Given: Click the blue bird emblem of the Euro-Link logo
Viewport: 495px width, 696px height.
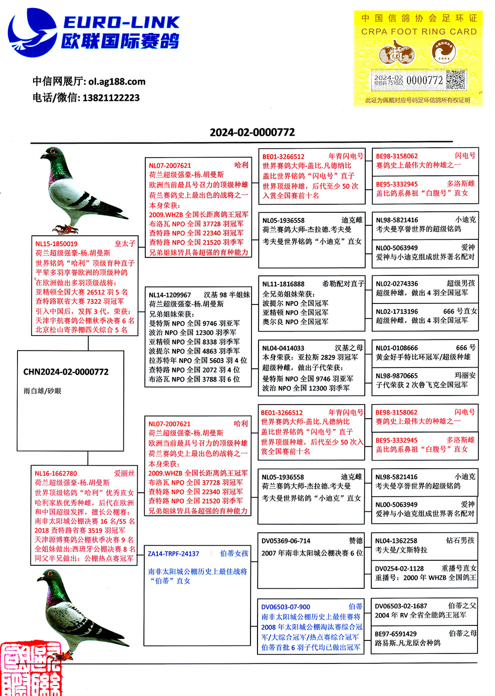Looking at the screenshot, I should (31, 32).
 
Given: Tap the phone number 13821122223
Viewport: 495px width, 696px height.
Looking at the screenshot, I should (111, 98).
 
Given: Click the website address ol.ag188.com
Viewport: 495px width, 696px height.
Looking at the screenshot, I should (117, 82).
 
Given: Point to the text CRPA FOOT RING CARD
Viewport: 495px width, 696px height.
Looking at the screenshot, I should (419, 32).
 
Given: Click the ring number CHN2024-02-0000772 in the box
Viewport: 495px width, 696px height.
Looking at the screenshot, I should (66, 372).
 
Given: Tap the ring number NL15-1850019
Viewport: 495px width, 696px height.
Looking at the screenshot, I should (56, 244).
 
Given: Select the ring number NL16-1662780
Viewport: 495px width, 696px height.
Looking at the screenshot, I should (56, 473).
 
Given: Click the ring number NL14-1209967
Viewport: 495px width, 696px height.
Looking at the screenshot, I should (170, 295).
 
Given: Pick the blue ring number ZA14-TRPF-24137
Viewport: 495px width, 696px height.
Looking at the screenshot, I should (173, 554).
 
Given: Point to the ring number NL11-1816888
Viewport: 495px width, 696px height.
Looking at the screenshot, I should (283, 284).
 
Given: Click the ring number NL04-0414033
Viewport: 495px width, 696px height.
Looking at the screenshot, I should (283, 348).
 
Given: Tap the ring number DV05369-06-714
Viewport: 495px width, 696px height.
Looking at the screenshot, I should (286, 541).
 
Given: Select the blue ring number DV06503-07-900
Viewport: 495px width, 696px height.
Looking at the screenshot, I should (286, 607).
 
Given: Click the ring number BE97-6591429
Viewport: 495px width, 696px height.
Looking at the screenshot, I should (396, 634).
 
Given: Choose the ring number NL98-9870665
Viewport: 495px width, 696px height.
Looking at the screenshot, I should (397, 376).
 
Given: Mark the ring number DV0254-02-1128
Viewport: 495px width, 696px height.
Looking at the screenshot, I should (399, 568).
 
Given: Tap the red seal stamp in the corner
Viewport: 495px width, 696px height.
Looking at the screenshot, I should (31, 669).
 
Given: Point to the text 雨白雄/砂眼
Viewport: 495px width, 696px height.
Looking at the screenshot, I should (42, 391).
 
